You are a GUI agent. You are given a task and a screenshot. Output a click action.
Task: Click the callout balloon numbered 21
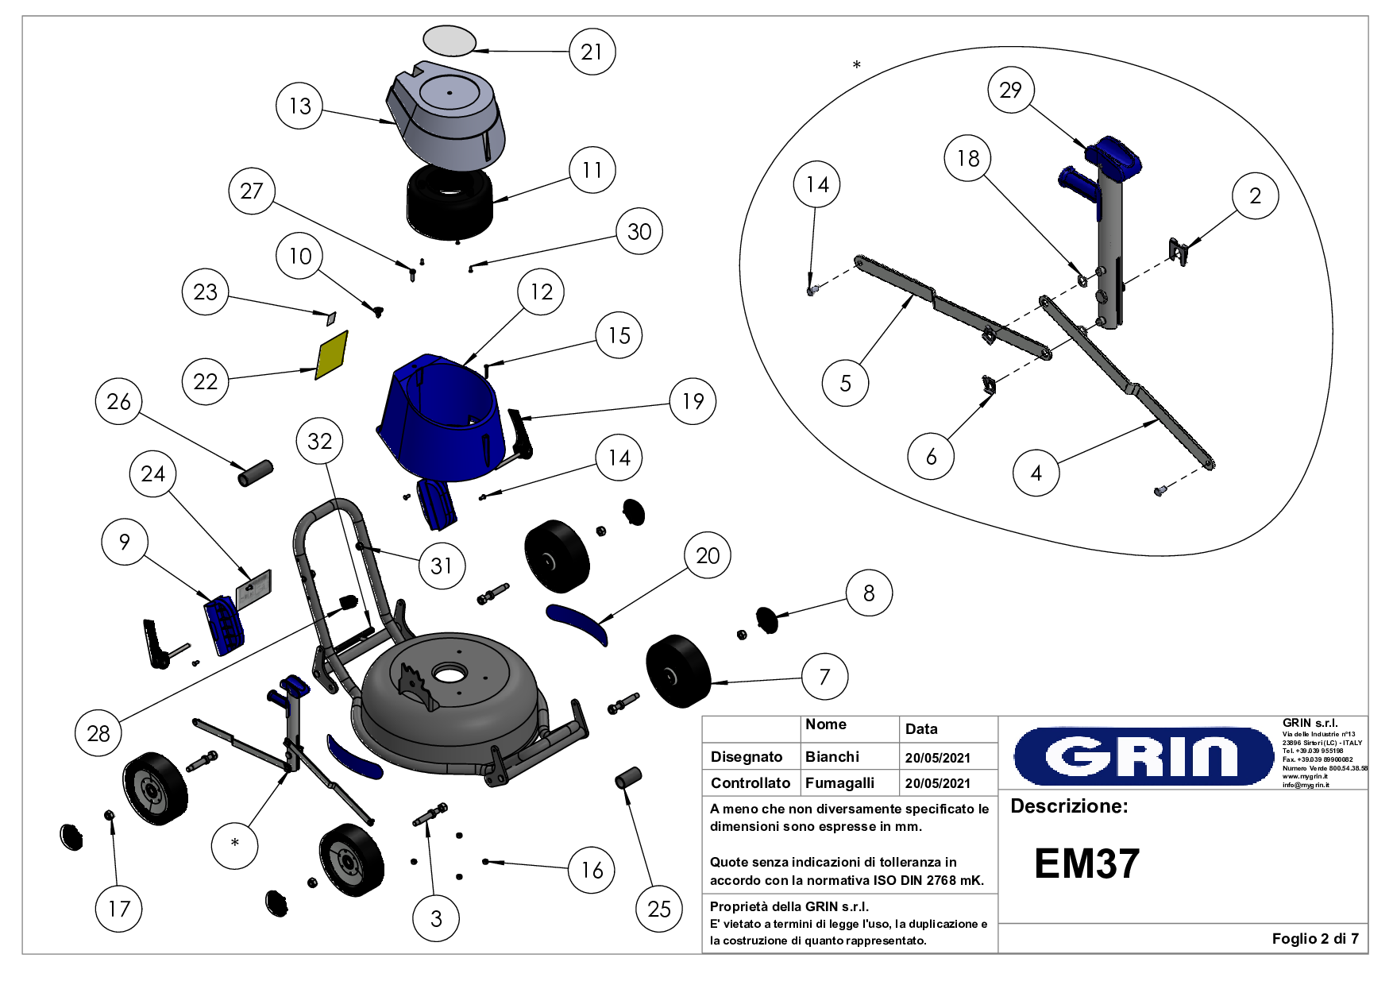592,52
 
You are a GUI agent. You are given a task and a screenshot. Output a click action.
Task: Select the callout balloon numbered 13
299,106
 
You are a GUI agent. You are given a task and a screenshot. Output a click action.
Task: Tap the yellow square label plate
332,355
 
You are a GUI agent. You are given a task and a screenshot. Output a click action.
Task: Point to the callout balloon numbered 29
1010,90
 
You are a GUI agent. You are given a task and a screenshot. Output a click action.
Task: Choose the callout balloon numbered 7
824,677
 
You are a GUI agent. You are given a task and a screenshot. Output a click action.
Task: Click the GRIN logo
1144,755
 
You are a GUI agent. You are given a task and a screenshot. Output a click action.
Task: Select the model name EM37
1086,863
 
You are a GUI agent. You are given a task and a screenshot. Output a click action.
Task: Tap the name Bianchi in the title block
832,756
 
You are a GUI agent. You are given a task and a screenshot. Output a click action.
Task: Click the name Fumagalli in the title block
839,782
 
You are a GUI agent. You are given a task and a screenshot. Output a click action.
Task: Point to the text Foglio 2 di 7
1314,938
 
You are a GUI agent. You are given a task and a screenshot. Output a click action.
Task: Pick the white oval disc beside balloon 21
450,41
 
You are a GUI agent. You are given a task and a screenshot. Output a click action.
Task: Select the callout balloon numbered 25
659,909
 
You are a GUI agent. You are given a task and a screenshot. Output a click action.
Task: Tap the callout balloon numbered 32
319,441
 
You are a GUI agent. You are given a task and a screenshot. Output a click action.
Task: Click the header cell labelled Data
920,728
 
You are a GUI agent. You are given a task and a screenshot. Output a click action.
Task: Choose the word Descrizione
1068,806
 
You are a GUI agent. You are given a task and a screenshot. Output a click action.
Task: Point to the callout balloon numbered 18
967,158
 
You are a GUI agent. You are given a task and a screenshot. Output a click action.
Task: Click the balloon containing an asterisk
235,844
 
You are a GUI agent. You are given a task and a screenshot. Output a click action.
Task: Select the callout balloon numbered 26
118,401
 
